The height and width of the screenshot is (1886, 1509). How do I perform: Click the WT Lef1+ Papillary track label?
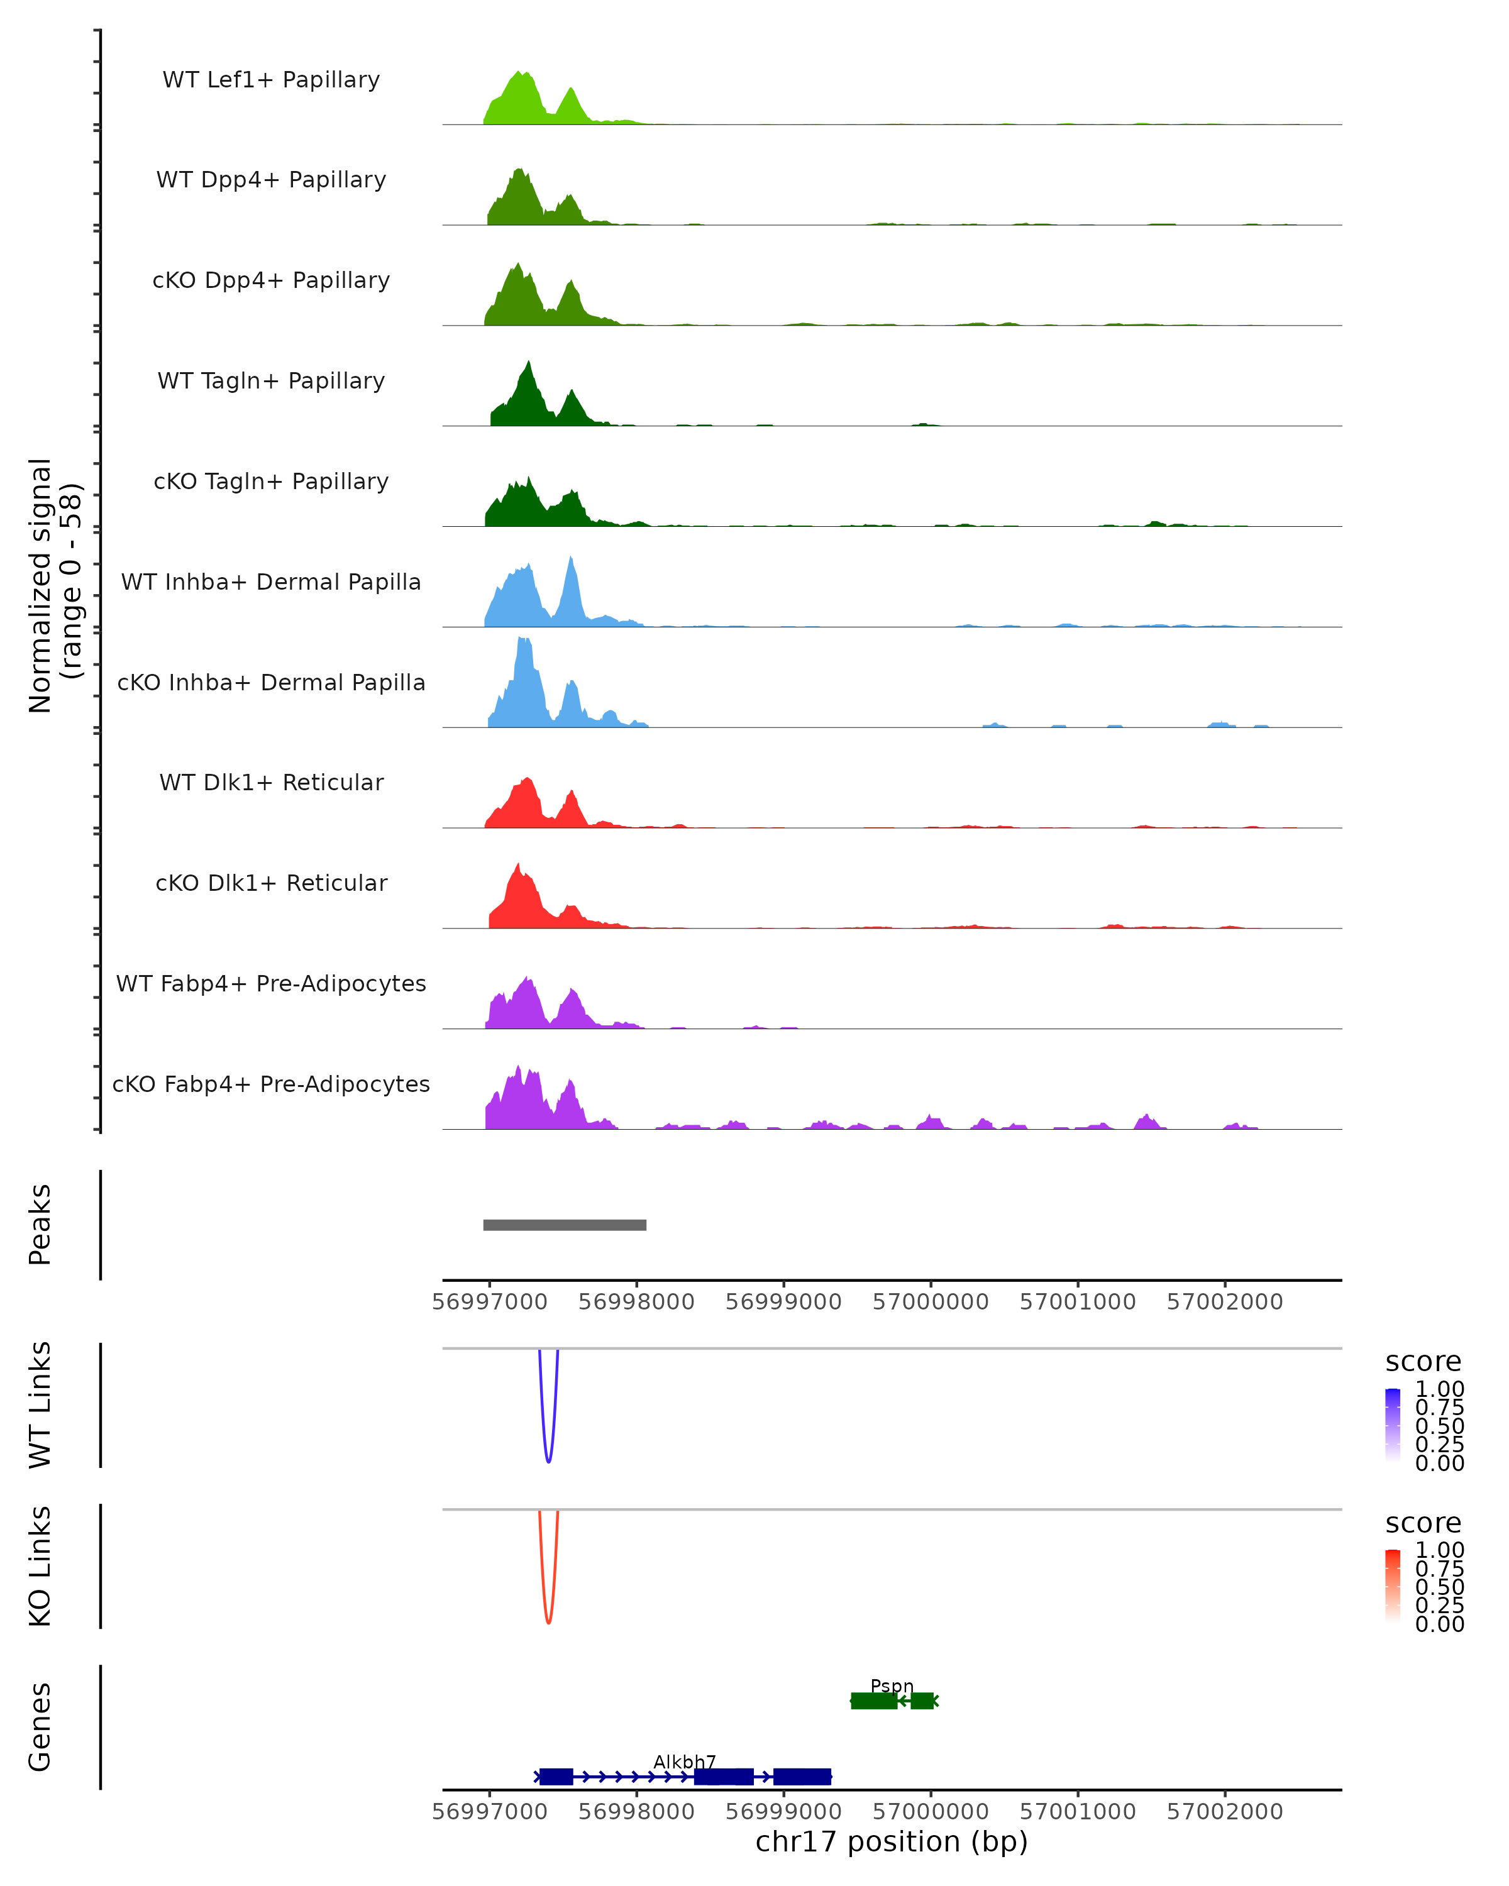coord(271,80)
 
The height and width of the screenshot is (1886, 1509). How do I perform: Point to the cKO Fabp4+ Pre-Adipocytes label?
coord(271,1084)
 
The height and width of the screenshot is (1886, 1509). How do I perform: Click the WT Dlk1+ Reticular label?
coord(271,782)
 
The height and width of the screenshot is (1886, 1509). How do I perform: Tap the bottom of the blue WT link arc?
coord(548,1461)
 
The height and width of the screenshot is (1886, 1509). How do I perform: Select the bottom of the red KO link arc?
coord(548,1622)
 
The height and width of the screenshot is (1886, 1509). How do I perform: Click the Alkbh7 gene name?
coord(685,1761)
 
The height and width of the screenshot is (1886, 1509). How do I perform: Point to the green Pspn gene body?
coord(874,1701)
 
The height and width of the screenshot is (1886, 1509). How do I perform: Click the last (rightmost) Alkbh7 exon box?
coord(802,1777)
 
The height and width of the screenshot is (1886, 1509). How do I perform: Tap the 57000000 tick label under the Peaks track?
coord(931,1302)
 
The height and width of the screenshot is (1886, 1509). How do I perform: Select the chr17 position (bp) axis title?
coord(892,1842)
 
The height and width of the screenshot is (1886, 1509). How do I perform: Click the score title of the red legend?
coord(1423,1523)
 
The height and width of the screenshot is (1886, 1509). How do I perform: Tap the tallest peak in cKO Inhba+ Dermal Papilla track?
coord(522,641)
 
